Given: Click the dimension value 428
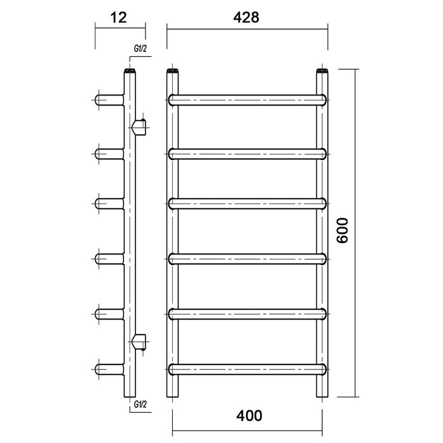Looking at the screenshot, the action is (246, 18).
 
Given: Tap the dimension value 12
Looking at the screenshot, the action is (118, 18).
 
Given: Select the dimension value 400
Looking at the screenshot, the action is (249, 416).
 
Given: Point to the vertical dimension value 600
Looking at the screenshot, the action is (342, 230).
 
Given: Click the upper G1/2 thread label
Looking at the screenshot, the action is (140, 49).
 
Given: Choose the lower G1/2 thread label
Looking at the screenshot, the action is (140, 404).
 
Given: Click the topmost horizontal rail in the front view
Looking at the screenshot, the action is (247, 100).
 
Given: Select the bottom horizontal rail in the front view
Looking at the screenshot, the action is (247, 369).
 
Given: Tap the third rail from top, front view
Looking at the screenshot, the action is (247, 204).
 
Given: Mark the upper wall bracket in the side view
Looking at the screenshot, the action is (139, 127).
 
